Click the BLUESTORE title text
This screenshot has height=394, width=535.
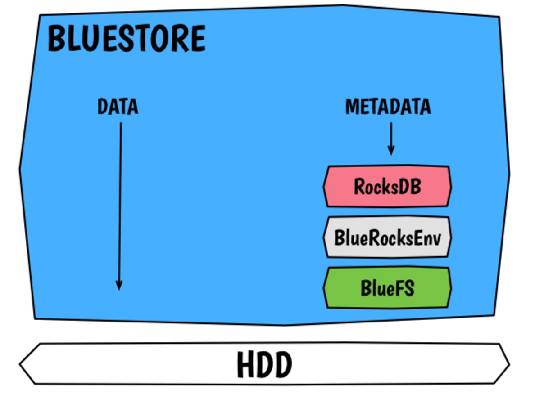[127, 39]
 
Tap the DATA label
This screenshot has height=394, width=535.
[118, 107]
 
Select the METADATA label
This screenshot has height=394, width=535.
[388, 107]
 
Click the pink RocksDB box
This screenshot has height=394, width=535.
[387, 186]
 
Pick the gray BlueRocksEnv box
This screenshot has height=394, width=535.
[387, 237]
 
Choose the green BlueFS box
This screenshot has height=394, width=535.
[387, 288]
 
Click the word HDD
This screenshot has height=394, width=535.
[264, 365]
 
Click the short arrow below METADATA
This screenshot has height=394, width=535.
[391, 137]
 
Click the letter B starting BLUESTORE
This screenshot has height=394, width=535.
[56, 39]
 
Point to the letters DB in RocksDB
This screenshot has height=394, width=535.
[411, 186]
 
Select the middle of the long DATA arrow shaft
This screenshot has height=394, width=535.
[120, 205]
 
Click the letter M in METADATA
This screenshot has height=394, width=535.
[352, 107]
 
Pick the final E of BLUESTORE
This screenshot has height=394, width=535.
[197, 39]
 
